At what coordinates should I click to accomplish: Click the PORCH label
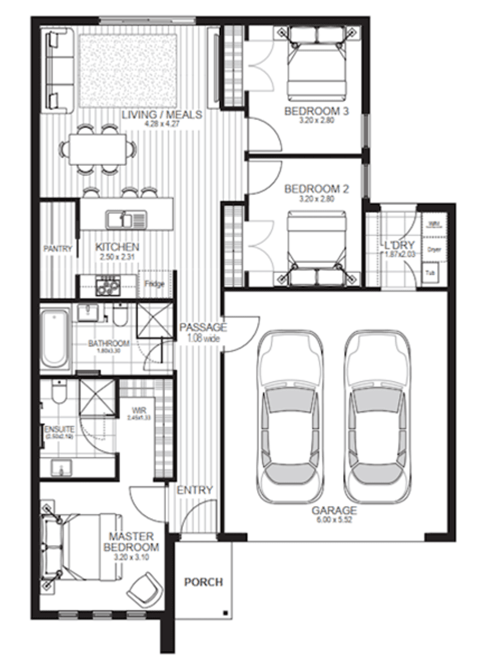(x=203, y=582)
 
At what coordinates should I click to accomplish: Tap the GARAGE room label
(x=334, y=510)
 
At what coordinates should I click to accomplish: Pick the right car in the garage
(x=377, y=416)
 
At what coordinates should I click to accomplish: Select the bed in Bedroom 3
(x=317, y=63)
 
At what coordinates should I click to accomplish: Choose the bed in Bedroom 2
(x=317, y=247)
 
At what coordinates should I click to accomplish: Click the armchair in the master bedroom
(x=145, y=588)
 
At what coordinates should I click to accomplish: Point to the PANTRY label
(x=58, y=248)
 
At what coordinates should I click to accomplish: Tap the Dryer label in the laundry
(x=433, y=248)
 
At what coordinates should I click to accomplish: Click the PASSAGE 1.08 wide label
(x=203, y=333)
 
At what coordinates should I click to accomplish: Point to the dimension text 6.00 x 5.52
(x=334, y=520)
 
